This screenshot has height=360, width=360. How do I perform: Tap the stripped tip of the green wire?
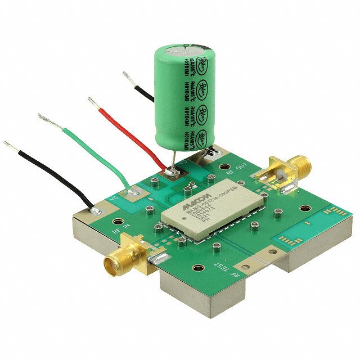click(42, 116)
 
